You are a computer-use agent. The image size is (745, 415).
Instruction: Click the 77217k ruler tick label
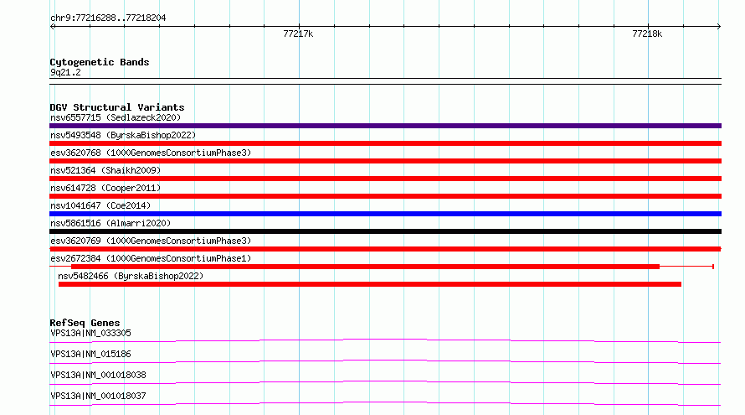tap(298, 34)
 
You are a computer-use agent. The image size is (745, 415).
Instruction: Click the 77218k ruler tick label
tap(647, 34)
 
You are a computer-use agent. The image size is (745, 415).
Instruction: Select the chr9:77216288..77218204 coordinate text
tap(108, 18)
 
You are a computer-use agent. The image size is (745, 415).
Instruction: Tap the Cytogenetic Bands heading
tap(100, 62)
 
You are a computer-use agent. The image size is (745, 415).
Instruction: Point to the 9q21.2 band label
tap(65, 72)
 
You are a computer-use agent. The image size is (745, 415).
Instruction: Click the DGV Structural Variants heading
tap(117, 107)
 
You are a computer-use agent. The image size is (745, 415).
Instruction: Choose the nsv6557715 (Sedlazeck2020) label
tap(116, 117)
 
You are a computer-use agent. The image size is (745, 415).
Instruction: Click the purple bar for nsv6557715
tap(385, 126)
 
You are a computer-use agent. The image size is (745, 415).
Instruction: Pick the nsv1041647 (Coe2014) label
tap(100, 205)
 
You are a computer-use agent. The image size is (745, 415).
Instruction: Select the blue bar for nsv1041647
tap(385, 214)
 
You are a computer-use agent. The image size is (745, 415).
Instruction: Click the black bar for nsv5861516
tap(385, 231)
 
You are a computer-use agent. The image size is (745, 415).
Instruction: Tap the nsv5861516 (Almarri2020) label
tap(110, 223)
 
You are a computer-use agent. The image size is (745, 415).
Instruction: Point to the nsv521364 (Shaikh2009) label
tap(105, 170)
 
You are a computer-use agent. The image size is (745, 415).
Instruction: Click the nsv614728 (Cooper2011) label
tap(105, 188)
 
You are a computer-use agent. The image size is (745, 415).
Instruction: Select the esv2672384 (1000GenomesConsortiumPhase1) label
tap(151, 258)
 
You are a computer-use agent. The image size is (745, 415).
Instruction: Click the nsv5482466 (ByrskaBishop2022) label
tap(131, 276)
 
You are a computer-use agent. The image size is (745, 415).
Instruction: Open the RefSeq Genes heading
tap(85, 323)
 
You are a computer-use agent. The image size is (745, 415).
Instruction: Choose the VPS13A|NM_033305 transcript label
tap(90, 333)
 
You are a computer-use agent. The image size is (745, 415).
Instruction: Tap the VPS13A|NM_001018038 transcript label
tap(98, 375)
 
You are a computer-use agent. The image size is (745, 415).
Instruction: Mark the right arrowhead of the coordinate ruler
tap(720, 26)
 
